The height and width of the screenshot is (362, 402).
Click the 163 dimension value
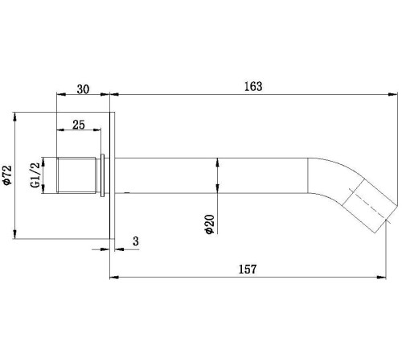(253, 86)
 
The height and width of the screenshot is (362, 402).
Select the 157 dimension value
(248, 269)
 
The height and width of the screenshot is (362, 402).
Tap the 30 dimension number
(83, 89)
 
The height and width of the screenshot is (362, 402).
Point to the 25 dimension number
(79, 125)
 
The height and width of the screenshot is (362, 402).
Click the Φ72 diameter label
(7, 175)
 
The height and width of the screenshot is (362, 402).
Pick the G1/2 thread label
(35, 175)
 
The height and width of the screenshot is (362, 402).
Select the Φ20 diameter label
(210, 224)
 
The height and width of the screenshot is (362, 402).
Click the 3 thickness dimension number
(136, 241)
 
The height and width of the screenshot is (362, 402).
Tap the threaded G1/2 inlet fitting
(76, 175)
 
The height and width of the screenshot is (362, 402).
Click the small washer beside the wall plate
(102, 175)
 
